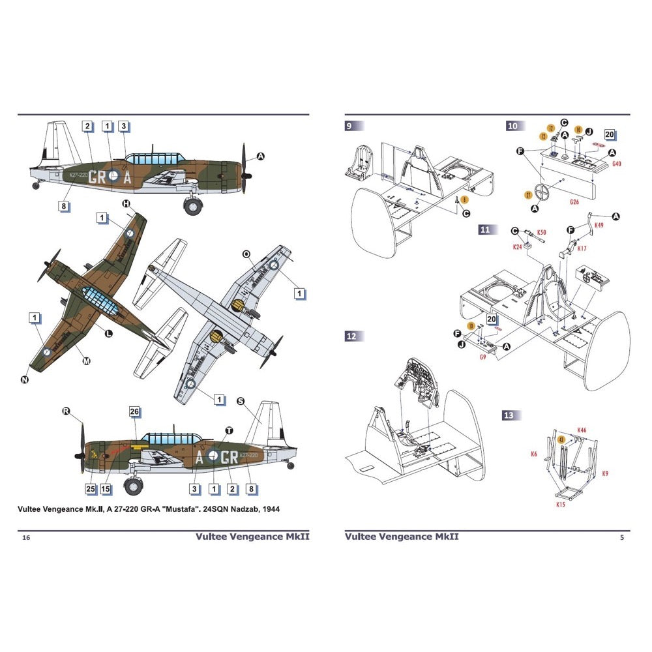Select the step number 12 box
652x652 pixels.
pos(351,336)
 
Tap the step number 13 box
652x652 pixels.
pos(509,415)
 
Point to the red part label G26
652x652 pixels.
pos(574,202)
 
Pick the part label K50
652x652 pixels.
pos(542,233)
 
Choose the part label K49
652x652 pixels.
pos(599,225)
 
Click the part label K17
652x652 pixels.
pos(582,248)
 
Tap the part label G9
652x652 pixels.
pos(482,357)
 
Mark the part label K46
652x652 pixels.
pos(582,430)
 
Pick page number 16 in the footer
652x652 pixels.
pos(25,537)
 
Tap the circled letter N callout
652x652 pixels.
pos(25,379)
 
